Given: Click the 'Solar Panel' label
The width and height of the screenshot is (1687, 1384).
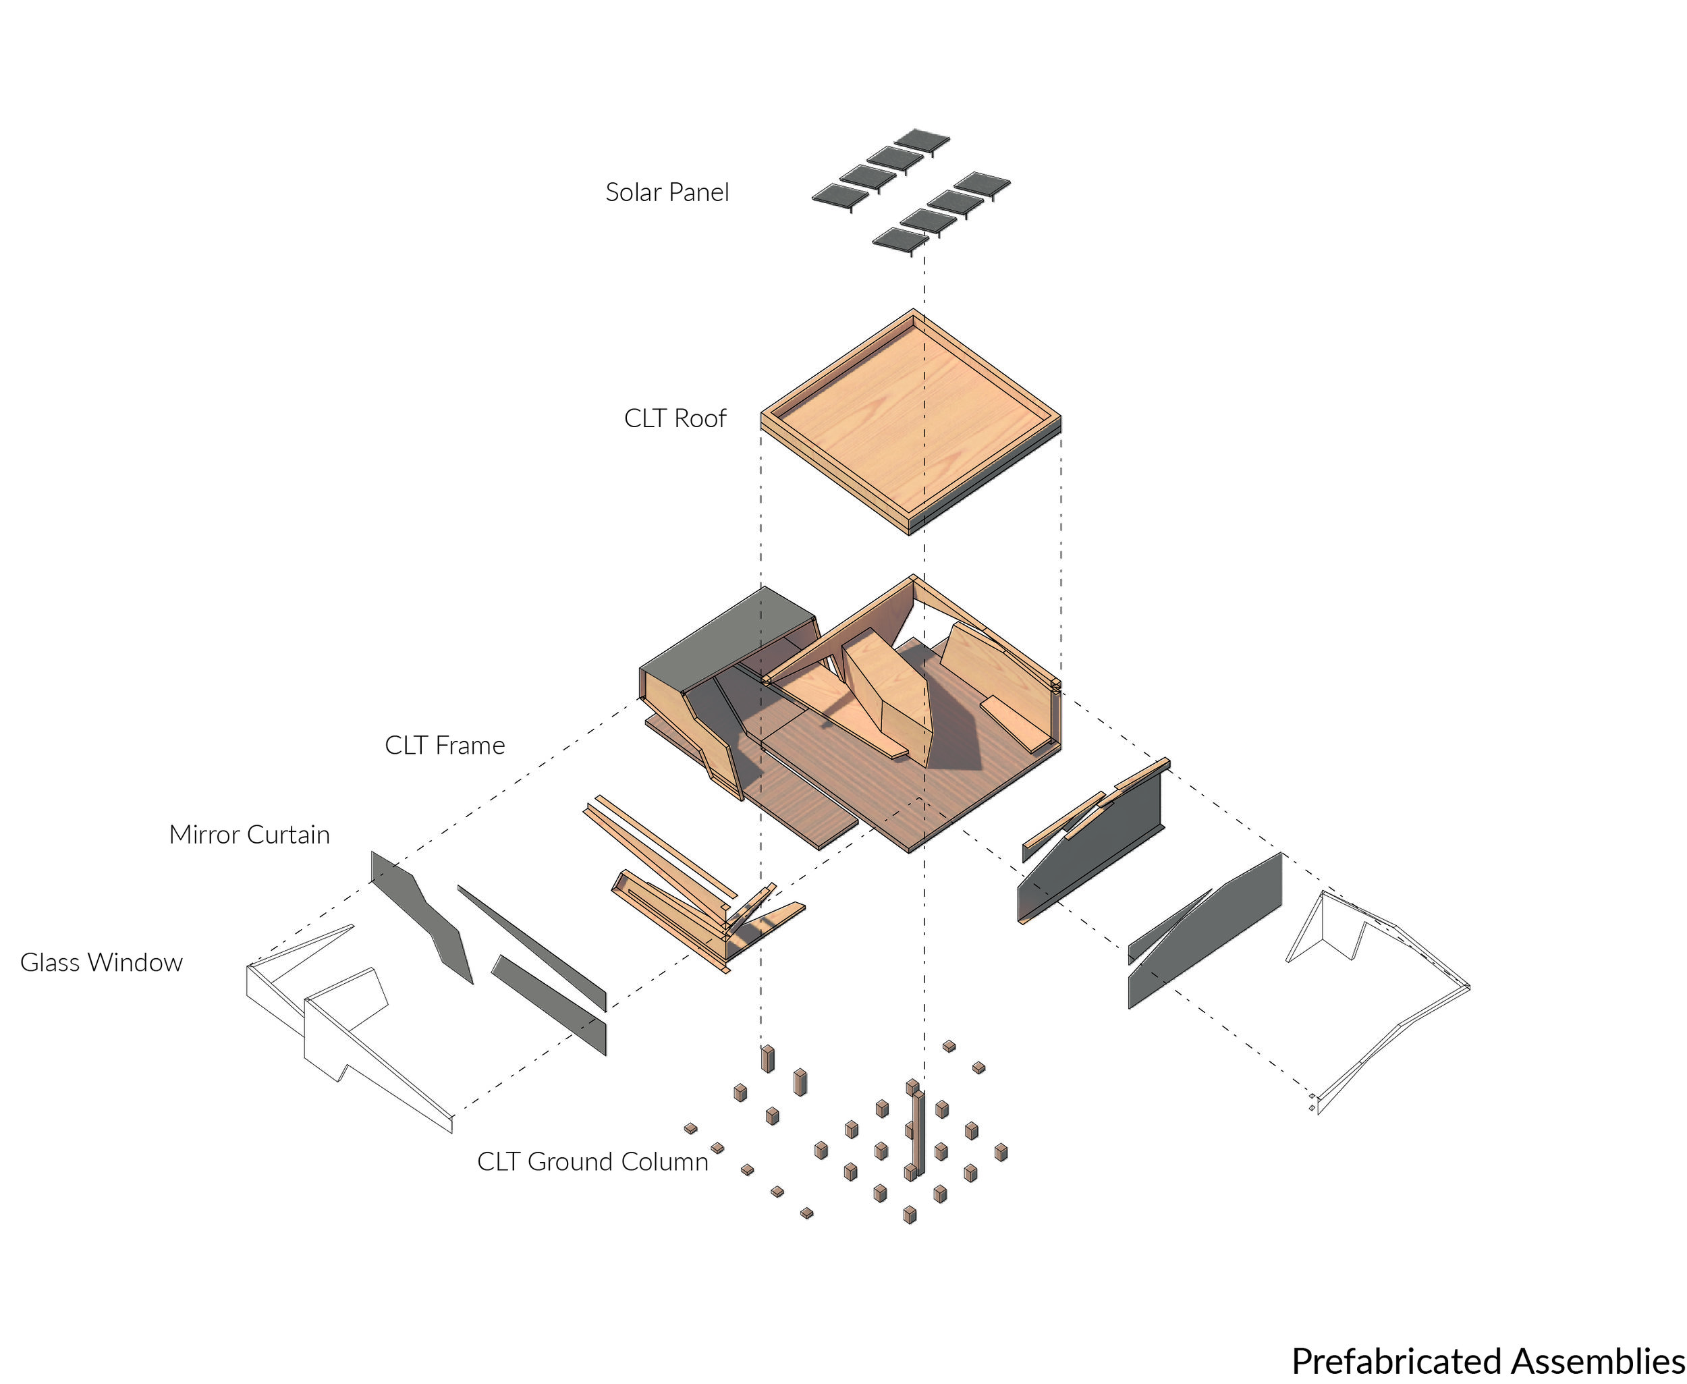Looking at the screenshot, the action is (x=667, y=192).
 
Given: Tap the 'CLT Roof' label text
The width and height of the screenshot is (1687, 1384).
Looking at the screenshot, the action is (x=675, y=418).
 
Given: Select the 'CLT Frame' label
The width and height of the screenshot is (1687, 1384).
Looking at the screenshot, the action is (x=445, y=746).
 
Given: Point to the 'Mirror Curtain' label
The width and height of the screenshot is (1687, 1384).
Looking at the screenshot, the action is (x=250, y=835).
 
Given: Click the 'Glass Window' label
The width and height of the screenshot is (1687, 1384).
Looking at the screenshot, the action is (x=101, y=962).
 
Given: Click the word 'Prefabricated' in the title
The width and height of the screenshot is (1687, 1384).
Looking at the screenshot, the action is (x=1398, y=1361).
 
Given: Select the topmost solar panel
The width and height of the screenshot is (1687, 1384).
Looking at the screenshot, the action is (x=922, y=140).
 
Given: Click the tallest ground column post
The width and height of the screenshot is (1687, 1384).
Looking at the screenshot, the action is (x=918, y=1134).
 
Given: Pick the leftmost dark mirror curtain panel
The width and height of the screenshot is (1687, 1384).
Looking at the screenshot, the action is (x=421, y=917).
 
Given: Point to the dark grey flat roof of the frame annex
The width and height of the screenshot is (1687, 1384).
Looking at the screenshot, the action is (x=727, y=640).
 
